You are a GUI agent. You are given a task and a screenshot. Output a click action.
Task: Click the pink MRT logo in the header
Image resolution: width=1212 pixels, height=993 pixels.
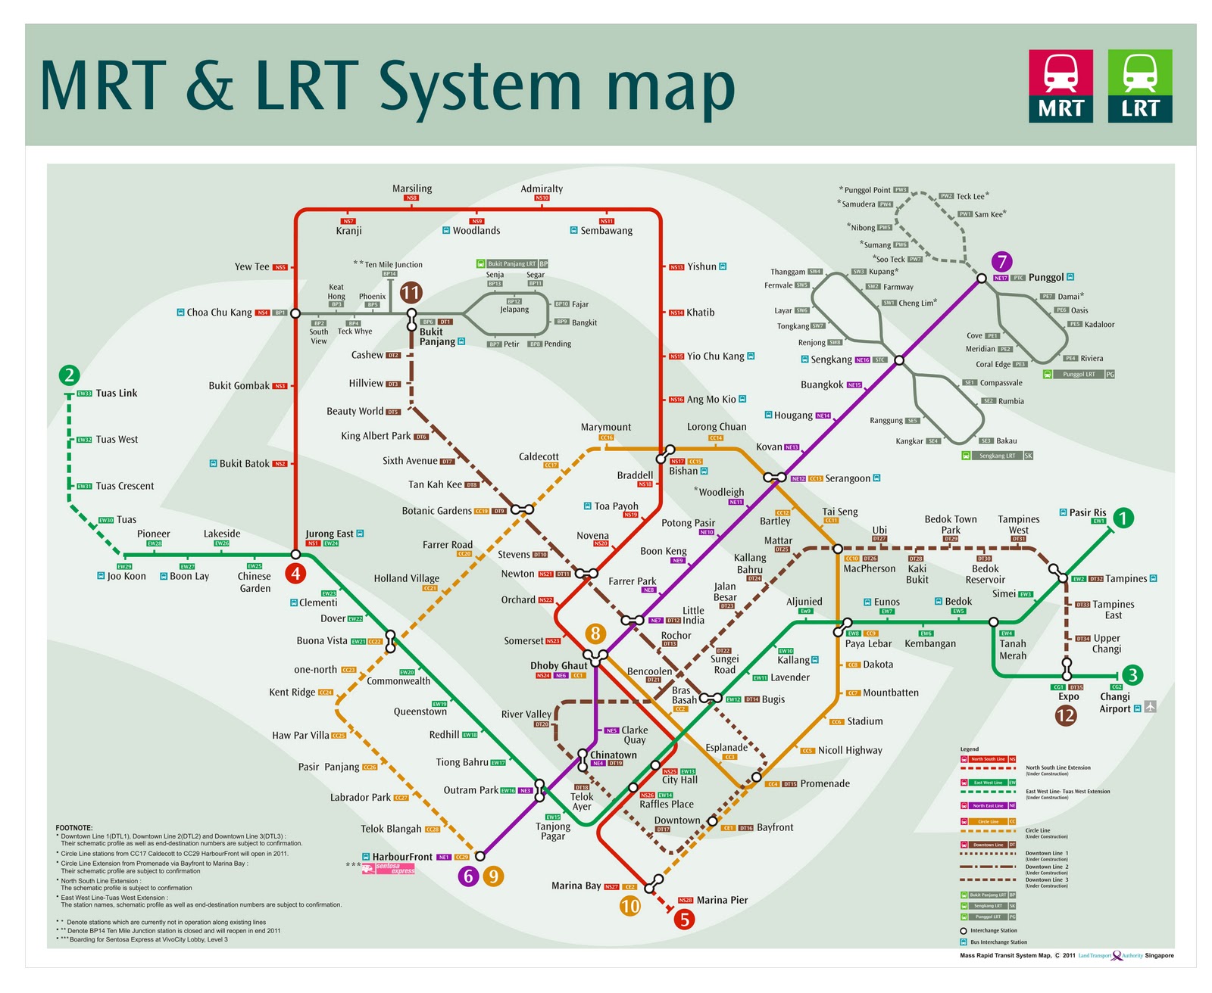click(x=1060, y=86)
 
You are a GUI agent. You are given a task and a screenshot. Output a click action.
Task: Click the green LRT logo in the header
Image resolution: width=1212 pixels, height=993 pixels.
click(x=1139, y=86)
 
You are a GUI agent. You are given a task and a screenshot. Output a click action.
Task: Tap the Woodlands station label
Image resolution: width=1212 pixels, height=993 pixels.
click(x=476, y=231)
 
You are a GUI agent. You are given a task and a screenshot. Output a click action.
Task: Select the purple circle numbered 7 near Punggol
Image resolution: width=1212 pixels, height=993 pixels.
click(x=1002, y=262)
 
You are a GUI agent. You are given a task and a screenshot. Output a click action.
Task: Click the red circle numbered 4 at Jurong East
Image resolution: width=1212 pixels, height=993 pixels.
click(x=295, y=573)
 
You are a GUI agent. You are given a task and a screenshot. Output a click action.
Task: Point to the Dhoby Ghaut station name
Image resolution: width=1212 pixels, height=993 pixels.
click(x=558, y=666)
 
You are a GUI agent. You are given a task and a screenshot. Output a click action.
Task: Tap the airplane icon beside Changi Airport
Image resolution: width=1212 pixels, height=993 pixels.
click(x=1150, y=707)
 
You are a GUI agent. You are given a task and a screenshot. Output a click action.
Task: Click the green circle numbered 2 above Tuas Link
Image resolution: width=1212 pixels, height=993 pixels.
click(x=69, y=375)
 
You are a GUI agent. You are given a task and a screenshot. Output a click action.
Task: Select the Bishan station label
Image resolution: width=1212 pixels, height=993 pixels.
click(x=683, y=471)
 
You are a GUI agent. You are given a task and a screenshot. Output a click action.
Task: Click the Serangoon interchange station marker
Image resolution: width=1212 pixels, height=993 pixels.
click(x=774, y=478)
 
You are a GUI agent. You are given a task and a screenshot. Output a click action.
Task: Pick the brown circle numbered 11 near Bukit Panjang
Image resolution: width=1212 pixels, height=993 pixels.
click(x=411, y=293)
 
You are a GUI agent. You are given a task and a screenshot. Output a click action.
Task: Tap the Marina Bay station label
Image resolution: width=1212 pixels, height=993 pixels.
click(x=576, y=886)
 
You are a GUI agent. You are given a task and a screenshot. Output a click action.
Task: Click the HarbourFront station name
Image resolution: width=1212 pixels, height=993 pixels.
click(x=402, y=857)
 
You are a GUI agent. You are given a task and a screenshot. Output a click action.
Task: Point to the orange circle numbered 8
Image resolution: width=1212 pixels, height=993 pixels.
click(x=595, y=633)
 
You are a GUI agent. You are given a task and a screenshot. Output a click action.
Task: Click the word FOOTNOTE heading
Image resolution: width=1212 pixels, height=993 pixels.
click(x=73, y=828)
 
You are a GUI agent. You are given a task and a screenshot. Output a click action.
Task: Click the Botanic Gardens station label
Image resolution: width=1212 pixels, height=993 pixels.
click(x=436, y=511)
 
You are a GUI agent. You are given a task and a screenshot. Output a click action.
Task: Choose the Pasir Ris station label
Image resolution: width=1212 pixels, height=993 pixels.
click(x=1087, y=512)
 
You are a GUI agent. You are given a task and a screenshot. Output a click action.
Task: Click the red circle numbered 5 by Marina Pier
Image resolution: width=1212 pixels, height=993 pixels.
click(x=684, y=920)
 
